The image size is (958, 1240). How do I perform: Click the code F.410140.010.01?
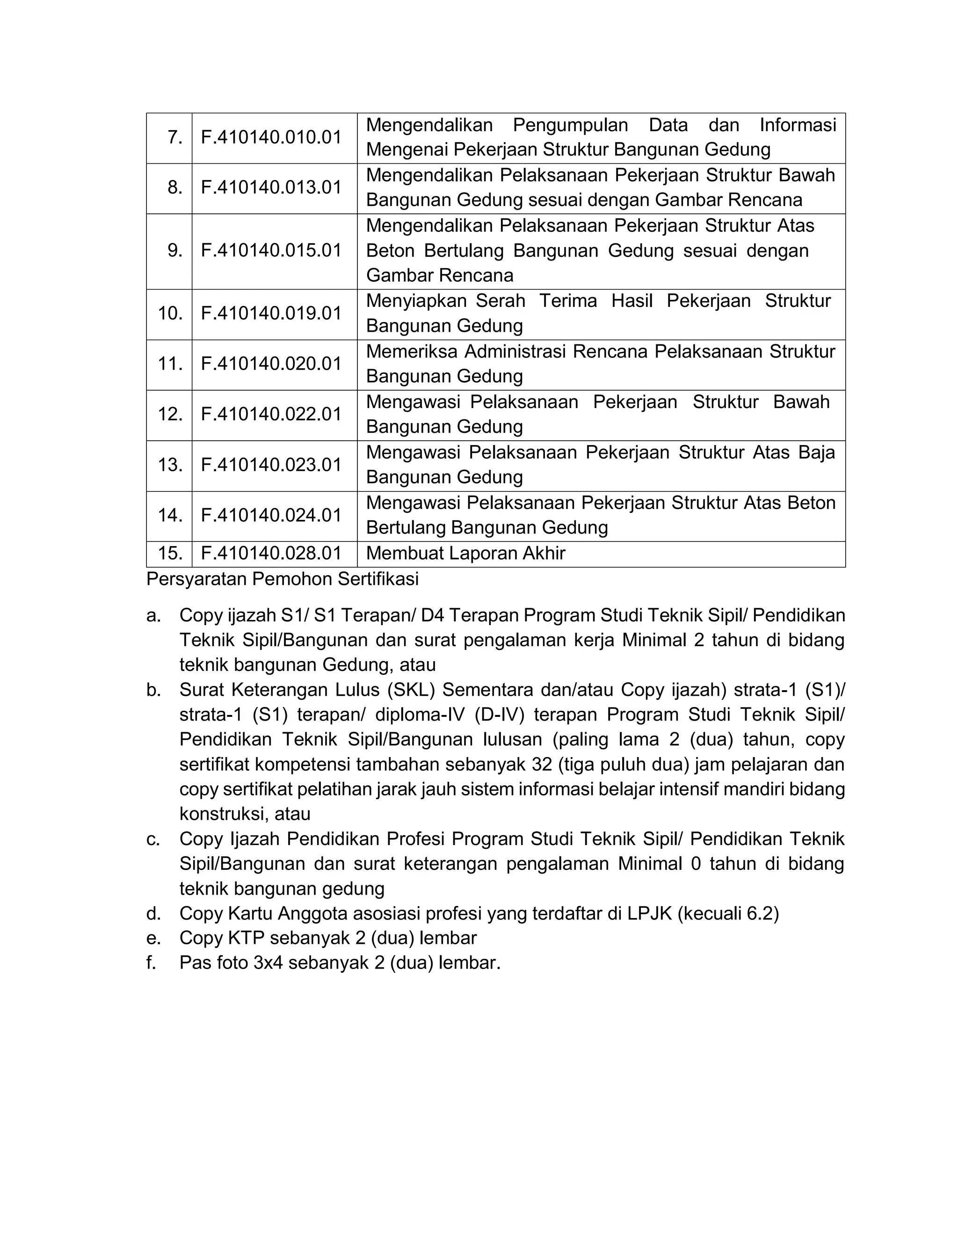click(271, 138)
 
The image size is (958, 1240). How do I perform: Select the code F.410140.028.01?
click(271, 553)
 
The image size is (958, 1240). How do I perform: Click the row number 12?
click(170, 414)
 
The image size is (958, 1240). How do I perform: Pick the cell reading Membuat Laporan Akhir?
click(465, 553)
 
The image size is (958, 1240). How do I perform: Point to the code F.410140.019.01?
click(271, 314)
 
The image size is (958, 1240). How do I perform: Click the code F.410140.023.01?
click(271, 465)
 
